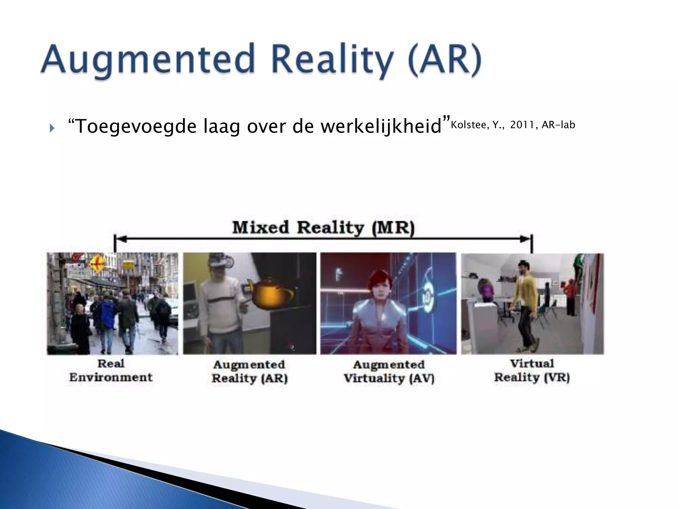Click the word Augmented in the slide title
tap(147, 60)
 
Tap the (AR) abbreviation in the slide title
tap(444, 60)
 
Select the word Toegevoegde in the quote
tap(132, 127)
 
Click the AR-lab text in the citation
tap(558, 125)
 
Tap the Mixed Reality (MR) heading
tap(323, 228)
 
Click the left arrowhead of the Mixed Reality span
tap(121, 239)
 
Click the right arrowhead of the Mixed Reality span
tap(525, 239)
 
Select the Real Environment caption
tap(111, 370)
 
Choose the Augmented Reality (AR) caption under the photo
tap(249, 371)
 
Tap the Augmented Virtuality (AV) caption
tap(389, 371)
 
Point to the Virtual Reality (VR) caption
tap(532, 370)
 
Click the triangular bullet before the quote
tap(52, 128)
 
